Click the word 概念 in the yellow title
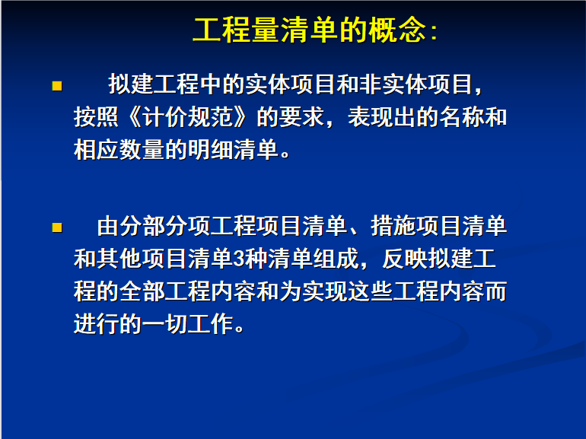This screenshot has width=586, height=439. tap(397, 30)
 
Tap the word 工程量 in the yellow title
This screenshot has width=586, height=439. tap(236, 30)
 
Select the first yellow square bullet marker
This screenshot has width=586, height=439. tap(57, 86)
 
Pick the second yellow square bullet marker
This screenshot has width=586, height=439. tap(57, 227)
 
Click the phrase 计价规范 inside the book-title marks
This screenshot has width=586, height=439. tap(189, 117)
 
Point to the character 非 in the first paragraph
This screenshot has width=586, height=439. tap(371, 84)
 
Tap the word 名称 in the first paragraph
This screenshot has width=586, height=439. tap(461, 117)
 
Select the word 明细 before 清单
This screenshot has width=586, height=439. tap(211, 150)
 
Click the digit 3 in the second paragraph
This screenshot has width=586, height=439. tap(239, 259)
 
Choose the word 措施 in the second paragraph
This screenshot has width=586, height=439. tap(393, 226)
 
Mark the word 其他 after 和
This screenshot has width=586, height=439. tap(119, 259)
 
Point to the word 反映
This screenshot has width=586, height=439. tap(405, 259)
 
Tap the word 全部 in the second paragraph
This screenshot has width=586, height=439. tap(142, 291)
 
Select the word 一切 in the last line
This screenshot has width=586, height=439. tap(165, 324)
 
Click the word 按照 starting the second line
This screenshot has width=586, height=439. tap(97, 117)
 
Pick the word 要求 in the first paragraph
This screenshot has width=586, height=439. tap(301, 117)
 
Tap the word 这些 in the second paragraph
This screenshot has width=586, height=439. tap(371, 291)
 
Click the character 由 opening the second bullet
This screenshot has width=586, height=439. tap(108, 226)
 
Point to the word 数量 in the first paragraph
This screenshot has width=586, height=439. tap(142, 150)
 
